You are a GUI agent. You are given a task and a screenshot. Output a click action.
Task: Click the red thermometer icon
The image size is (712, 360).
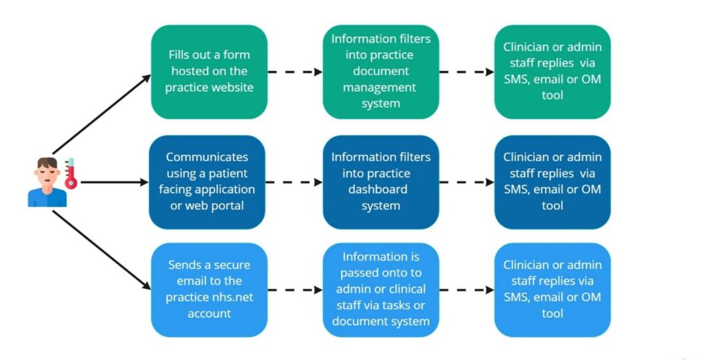[70, 174]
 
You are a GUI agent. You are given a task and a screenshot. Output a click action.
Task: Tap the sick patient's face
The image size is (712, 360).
[47, 170]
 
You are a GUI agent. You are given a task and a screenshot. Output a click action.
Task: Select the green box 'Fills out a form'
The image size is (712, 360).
[209, 72]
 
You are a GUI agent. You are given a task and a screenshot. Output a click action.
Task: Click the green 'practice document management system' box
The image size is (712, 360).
[380, 72]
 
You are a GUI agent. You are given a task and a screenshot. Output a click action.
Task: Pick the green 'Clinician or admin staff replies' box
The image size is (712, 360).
[552, 72]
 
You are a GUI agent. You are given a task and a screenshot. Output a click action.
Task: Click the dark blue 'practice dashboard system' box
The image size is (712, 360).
[380, 182]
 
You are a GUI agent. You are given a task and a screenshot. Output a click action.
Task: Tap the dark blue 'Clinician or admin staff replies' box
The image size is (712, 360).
[552, 182]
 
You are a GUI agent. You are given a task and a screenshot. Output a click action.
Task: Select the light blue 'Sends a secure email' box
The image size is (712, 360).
[209, 289]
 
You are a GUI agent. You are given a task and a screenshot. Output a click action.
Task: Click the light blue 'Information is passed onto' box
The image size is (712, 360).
[380, 289]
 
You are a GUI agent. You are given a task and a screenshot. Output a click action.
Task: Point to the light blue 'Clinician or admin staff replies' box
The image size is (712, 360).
[552, 289]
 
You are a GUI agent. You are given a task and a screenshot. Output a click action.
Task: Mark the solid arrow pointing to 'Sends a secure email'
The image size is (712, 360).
[102, 250]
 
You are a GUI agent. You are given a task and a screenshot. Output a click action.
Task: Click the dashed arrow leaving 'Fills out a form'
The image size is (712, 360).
[294, 72]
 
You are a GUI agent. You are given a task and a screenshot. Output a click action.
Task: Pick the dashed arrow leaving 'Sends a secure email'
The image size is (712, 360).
[294, 289]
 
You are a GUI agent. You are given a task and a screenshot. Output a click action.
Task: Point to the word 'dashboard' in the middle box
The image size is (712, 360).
[380, 189]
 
